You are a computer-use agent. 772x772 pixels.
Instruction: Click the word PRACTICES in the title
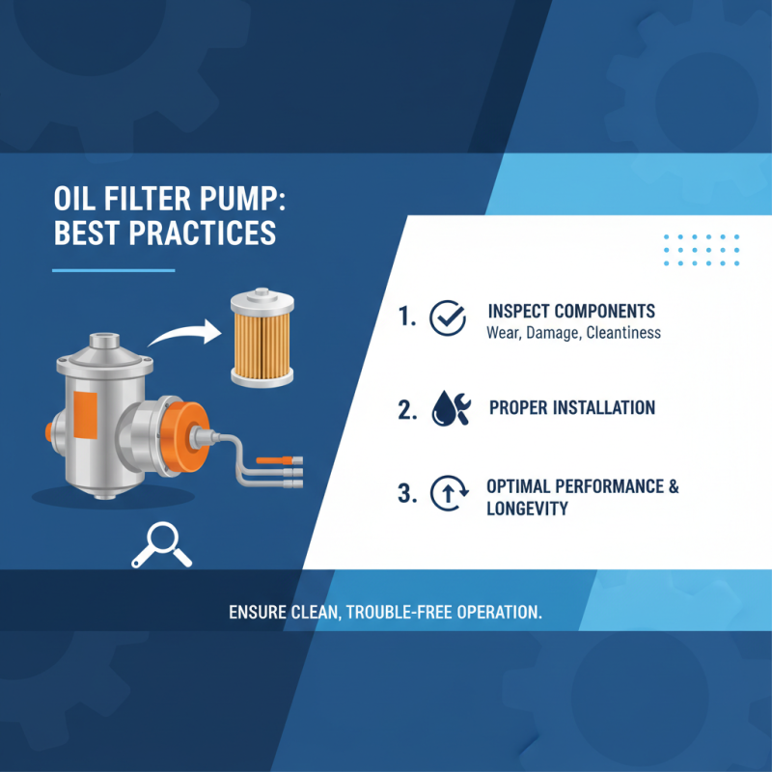point(201,233)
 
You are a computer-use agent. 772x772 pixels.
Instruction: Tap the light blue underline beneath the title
point(113,269)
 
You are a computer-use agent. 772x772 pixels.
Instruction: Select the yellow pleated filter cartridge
point(260,340)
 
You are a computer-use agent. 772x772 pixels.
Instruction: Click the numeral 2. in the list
point(406,410)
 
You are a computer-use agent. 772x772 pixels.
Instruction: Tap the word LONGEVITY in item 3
point(527,508)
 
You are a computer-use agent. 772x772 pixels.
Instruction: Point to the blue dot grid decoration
point(702,249)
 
